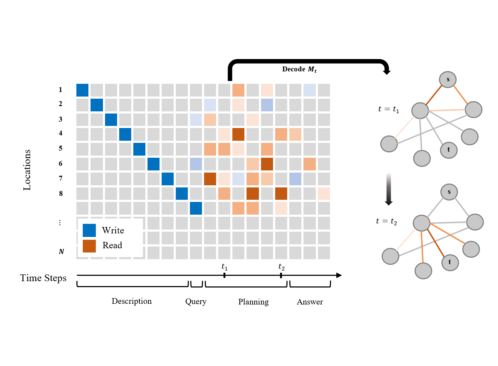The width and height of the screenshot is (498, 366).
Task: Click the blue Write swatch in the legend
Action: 89,230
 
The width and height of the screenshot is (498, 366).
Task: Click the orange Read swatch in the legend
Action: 89,246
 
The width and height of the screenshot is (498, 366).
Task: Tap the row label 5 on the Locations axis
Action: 60,148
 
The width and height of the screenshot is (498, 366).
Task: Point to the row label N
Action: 61,251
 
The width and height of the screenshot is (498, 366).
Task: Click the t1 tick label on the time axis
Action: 225,267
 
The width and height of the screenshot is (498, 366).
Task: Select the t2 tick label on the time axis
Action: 282,267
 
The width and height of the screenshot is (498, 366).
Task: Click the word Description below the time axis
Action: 132,301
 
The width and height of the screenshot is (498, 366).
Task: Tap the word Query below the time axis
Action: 196,302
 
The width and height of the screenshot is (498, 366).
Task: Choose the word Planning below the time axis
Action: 254,302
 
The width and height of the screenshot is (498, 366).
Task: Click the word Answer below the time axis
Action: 310,302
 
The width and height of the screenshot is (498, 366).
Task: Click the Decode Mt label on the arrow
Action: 299,69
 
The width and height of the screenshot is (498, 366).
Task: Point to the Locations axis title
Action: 27,170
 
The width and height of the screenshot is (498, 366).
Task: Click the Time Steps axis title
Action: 43,278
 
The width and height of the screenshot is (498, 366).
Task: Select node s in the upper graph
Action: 448,80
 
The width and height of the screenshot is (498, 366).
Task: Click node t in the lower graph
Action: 450,262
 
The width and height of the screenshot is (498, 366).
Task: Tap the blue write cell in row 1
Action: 82,90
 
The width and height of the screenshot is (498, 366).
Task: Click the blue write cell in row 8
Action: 182,193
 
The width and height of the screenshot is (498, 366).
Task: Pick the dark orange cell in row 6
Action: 267,164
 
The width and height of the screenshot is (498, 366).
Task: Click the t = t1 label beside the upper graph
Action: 389,109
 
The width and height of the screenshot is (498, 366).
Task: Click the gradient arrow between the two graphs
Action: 389,189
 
